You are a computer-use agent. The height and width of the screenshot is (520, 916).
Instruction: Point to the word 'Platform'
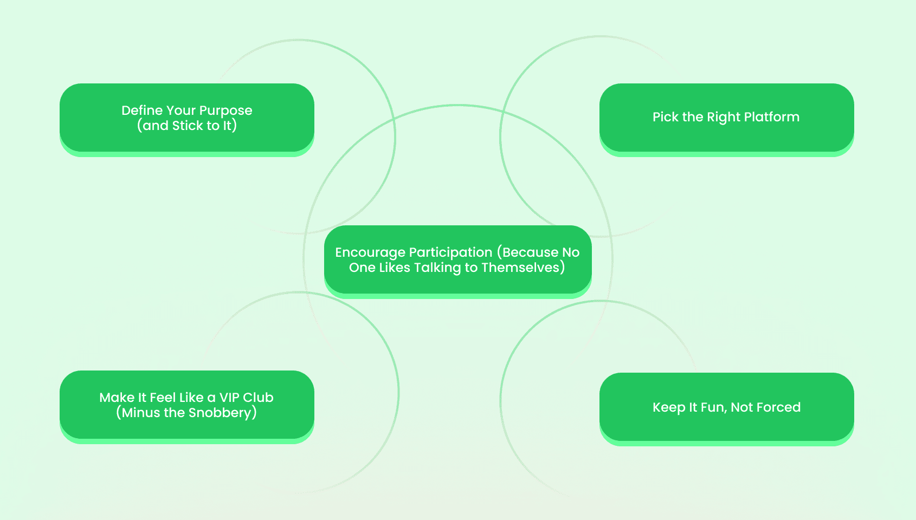(x=772, y=117)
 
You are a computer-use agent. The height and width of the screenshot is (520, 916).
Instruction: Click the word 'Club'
(x=261, y=398)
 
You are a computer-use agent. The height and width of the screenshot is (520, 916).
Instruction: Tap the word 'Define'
(x=139, y=110)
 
